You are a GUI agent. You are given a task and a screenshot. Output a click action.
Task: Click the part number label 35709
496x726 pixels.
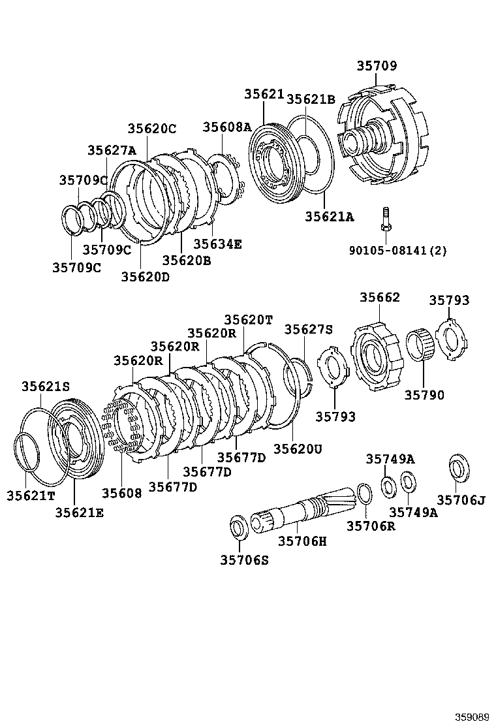pos(377,66)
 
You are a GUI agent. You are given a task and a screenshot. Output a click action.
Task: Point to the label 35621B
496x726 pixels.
pos(311,99)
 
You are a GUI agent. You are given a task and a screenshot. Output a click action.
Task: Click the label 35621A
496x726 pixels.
pos(329,217)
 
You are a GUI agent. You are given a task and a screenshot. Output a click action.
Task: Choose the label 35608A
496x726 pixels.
pos(226,127)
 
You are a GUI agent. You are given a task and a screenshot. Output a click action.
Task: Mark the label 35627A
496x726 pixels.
pos(112,150)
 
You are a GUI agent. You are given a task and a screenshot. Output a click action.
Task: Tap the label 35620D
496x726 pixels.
pos(145,276)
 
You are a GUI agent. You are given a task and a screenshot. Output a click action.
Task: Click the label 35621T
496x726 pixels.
pos(31,496)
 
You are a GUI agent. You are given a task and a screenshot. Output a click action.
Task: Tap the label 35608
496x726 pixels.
pos(121,493)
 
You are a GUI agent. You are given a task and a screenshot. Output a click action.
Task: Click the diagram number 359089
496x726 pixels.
pos(472,716)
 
